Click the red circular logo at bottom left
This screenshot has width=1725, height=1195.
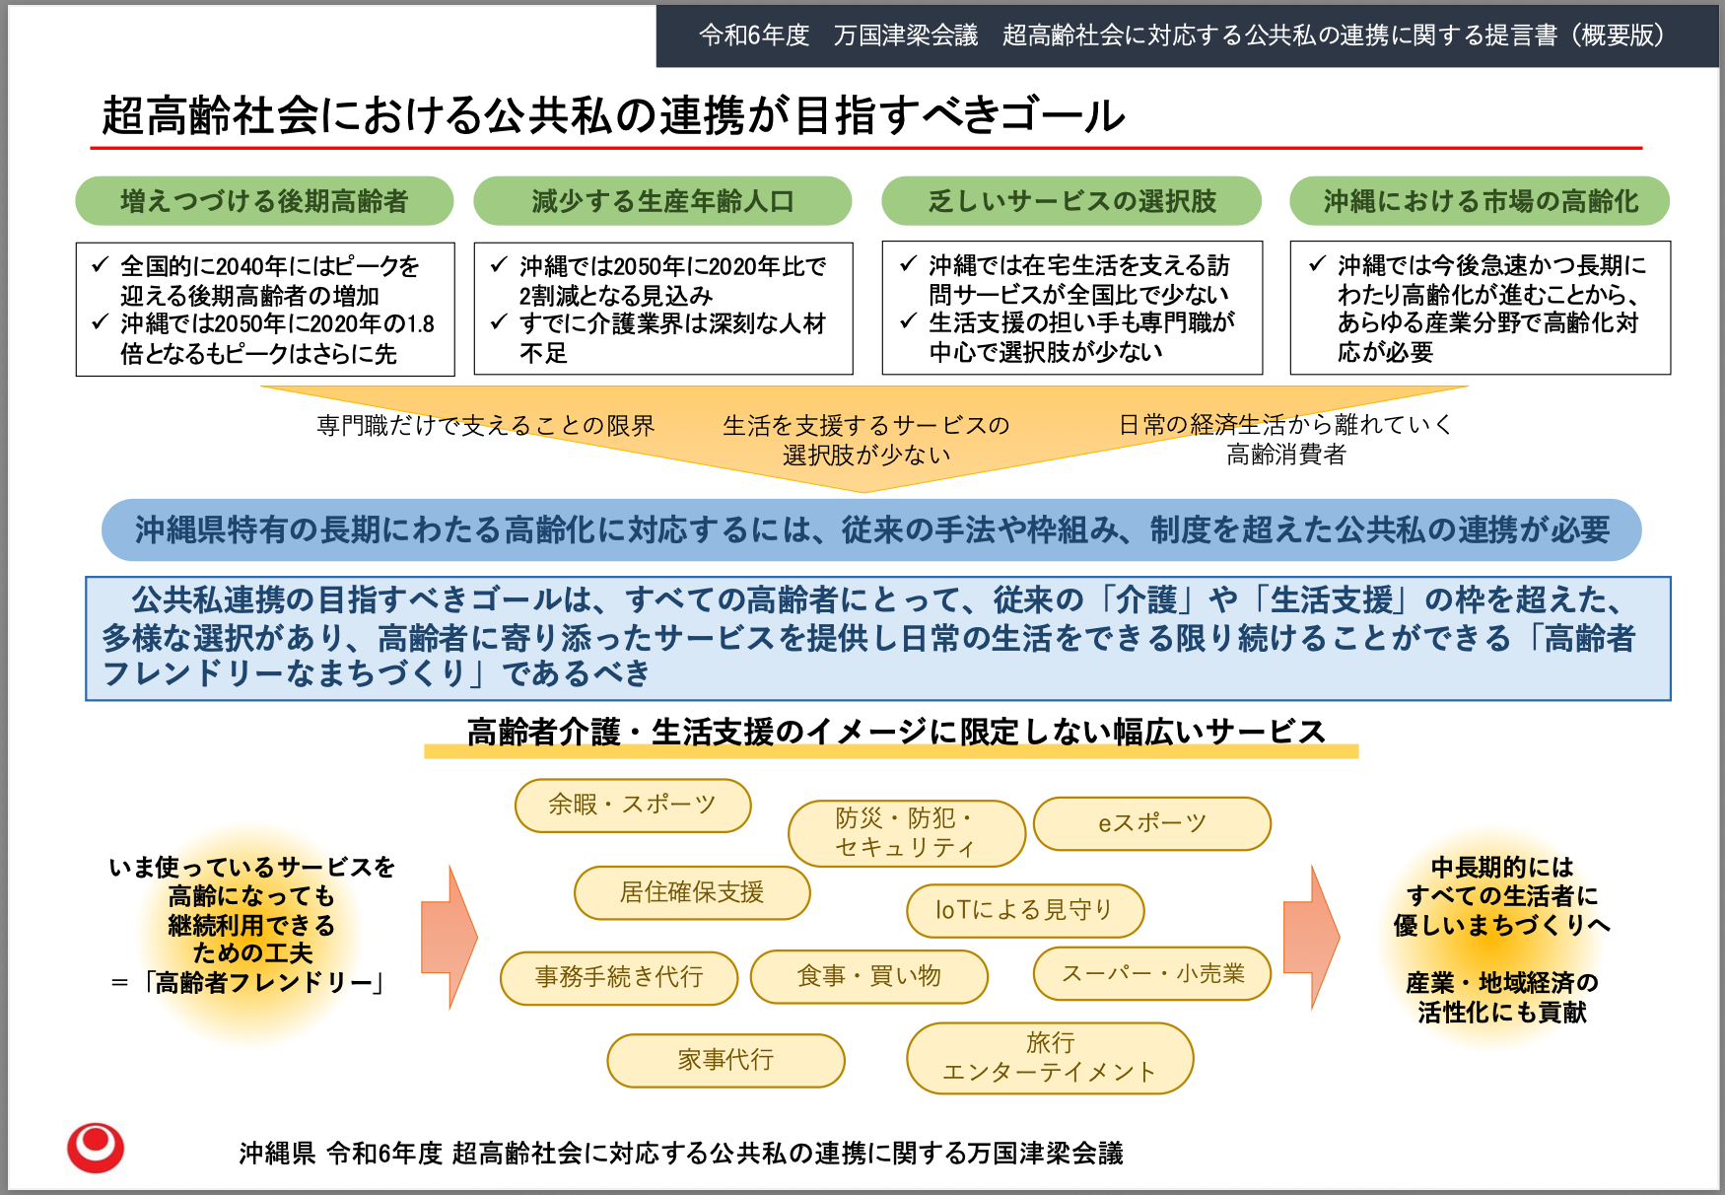[96, 1148]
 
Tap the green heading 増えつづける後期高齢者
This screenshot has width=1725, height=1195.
[264, 201]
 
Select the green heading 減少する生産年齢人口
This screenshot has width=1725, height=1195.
[662, 201]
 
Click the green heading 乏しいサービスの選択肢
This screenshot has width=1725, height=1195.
[1071, 201]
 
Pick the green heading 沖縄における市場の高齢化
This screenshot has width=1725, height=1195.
[1480, 201]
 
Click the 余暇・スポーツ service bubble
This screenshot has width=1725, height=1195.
[633, 805]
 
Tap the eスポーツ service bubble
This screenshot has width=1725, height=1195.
[1151, 823]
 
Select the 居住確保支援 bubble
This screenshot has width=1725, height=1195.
[692, 892]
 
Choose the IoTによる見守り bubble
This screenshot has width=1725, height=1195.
[1025, 910]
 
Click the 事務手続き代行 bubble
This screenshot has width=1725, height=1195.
[619, 977]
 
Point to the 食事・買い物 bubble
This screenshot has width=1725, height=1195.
[868, 976]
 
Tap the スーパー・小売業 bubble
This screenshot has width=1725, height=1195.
[1151, 974]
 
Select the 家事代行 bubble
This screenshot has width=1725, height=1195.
[725, 1060]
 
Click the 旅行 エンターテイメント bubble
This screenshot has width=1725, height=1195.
[1050, 1058]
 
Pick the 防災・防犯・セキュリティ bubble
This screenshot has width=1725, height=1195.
[906, 833]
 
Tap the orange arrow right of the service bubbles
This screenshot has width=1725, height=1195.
[1310, 937]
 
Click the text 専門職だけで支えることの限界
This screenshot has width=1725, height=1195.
[485, 426]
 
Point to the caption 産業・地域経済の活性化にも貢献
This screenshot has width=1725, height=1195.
[1501, 997]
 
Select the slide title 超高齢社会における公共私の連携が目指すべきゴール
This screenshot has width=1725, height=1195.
[612, 115]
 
